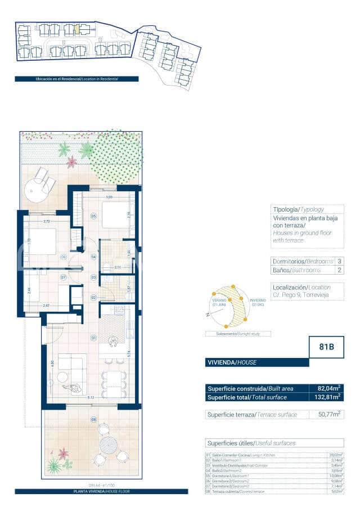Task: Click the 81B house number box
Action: click(326, 347)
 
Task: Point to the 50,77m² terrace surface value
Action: click(330, 415)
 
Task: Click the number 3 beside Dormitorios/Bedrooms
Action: click(339, 262)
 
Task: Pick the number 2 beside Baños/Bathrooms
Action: click(339, 271)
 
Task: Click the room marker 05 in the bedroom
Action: click(93, 216)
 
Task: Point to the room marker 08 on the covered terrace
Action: click(93, 419)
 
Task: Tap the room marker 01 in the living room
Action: click(93, 338)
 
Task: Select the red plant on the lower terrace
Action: click(63, 453)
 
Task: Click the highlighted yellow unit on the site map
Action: click(78, 28)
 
